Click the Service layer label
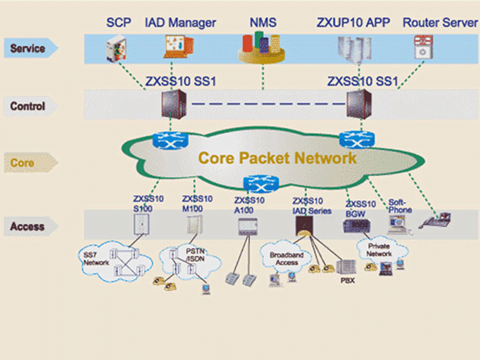[28, 47]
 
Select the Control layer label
[28, 106]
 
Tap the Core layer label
[23, 163]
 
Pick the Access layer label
[28, 226]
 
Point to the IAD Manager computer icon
[178, 47]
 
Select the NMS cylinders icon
[263, 47]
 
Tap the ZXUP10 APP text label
[353, 23]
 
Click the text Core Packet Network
[277, 158]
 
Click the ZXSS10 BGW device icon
[353, 226]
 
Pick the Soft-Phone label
[400, 206]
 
